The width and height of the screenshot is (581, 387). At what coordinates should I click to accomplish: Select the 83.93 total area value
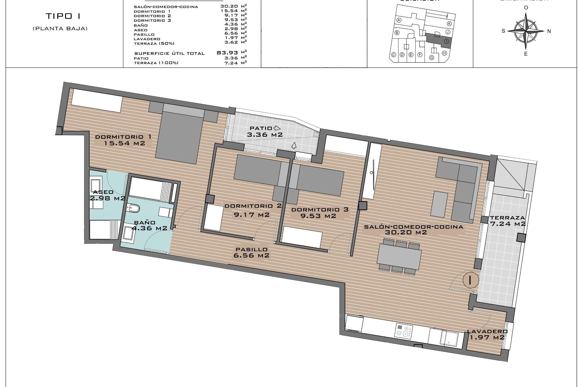[x=227, y=53]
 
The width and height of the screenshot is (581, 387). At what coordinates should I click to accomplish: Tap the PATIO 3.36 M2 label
[x=265, y=132]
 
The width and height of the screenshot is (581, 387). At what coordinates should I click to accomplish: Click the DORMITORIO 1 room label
[x=123, y=140]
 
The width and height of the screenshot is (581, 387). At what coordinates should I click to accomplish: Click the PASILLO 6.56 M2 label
[x=251, y=252]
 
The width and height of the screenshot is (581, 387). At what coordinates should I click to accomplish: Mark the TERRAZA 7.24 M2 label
[x=507, y=221]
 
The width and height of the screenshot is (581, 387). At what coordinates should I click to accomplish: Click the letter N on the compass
[x=549, y=31]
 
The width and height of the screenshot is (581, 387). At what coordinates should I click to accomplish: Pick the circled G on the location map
[x=432, y=57]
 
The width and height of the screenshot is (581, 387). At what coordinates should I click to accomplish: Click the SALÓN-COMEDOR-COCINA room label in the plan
[x=413, y=229]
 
